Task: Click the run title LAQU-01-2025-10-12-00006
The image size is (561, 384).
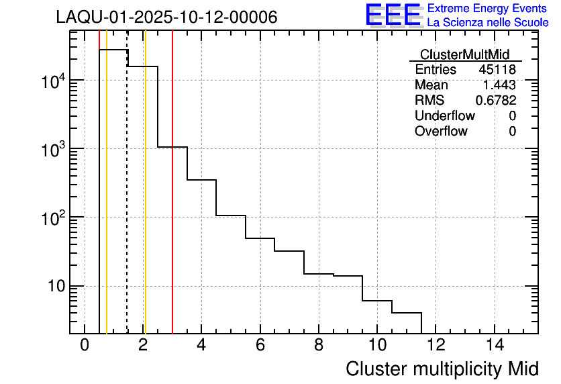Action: [x=166, y=17]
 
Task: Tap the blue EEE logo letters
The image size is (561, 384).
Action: [x=393, y=15]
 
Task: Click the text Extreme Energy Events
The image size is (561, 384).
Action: [x=488, y=9]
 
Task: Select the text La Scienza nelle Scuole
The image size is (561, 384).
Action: [x=488, y=23]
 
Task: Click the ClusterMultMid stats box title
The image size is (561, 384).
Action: [x=464, y=54]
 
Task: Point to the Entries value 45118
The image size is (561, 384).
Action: [x=497, y=70]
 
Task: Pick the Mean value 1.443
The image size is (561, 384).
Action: [x=499, y=85]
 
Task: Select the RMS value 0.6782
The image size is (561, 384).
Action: [x=496, y=100]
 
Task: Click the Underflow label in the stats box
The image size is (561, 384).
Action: [x=444, y=115]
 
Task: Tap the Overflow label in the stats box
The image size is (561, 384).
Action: [x=441, y=131]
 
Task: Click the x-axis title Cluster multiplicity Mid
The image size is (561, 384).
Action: [x=442, y=369]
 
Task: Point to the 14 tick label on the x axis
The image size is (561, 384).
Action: [x=495, y=345]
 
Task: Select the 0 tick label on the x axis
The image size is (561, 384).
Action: [x=85, y=345]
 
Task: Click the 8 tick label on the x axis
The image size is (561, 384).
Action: [x=319, y=345]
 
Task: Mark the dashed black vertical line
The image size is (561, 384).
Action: [x=127, y=201]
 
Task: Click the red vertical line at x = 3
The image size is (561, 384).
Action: [x=172, y=201]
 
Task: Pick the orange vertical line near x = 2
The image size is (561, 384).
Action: [x=145, y=201]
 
